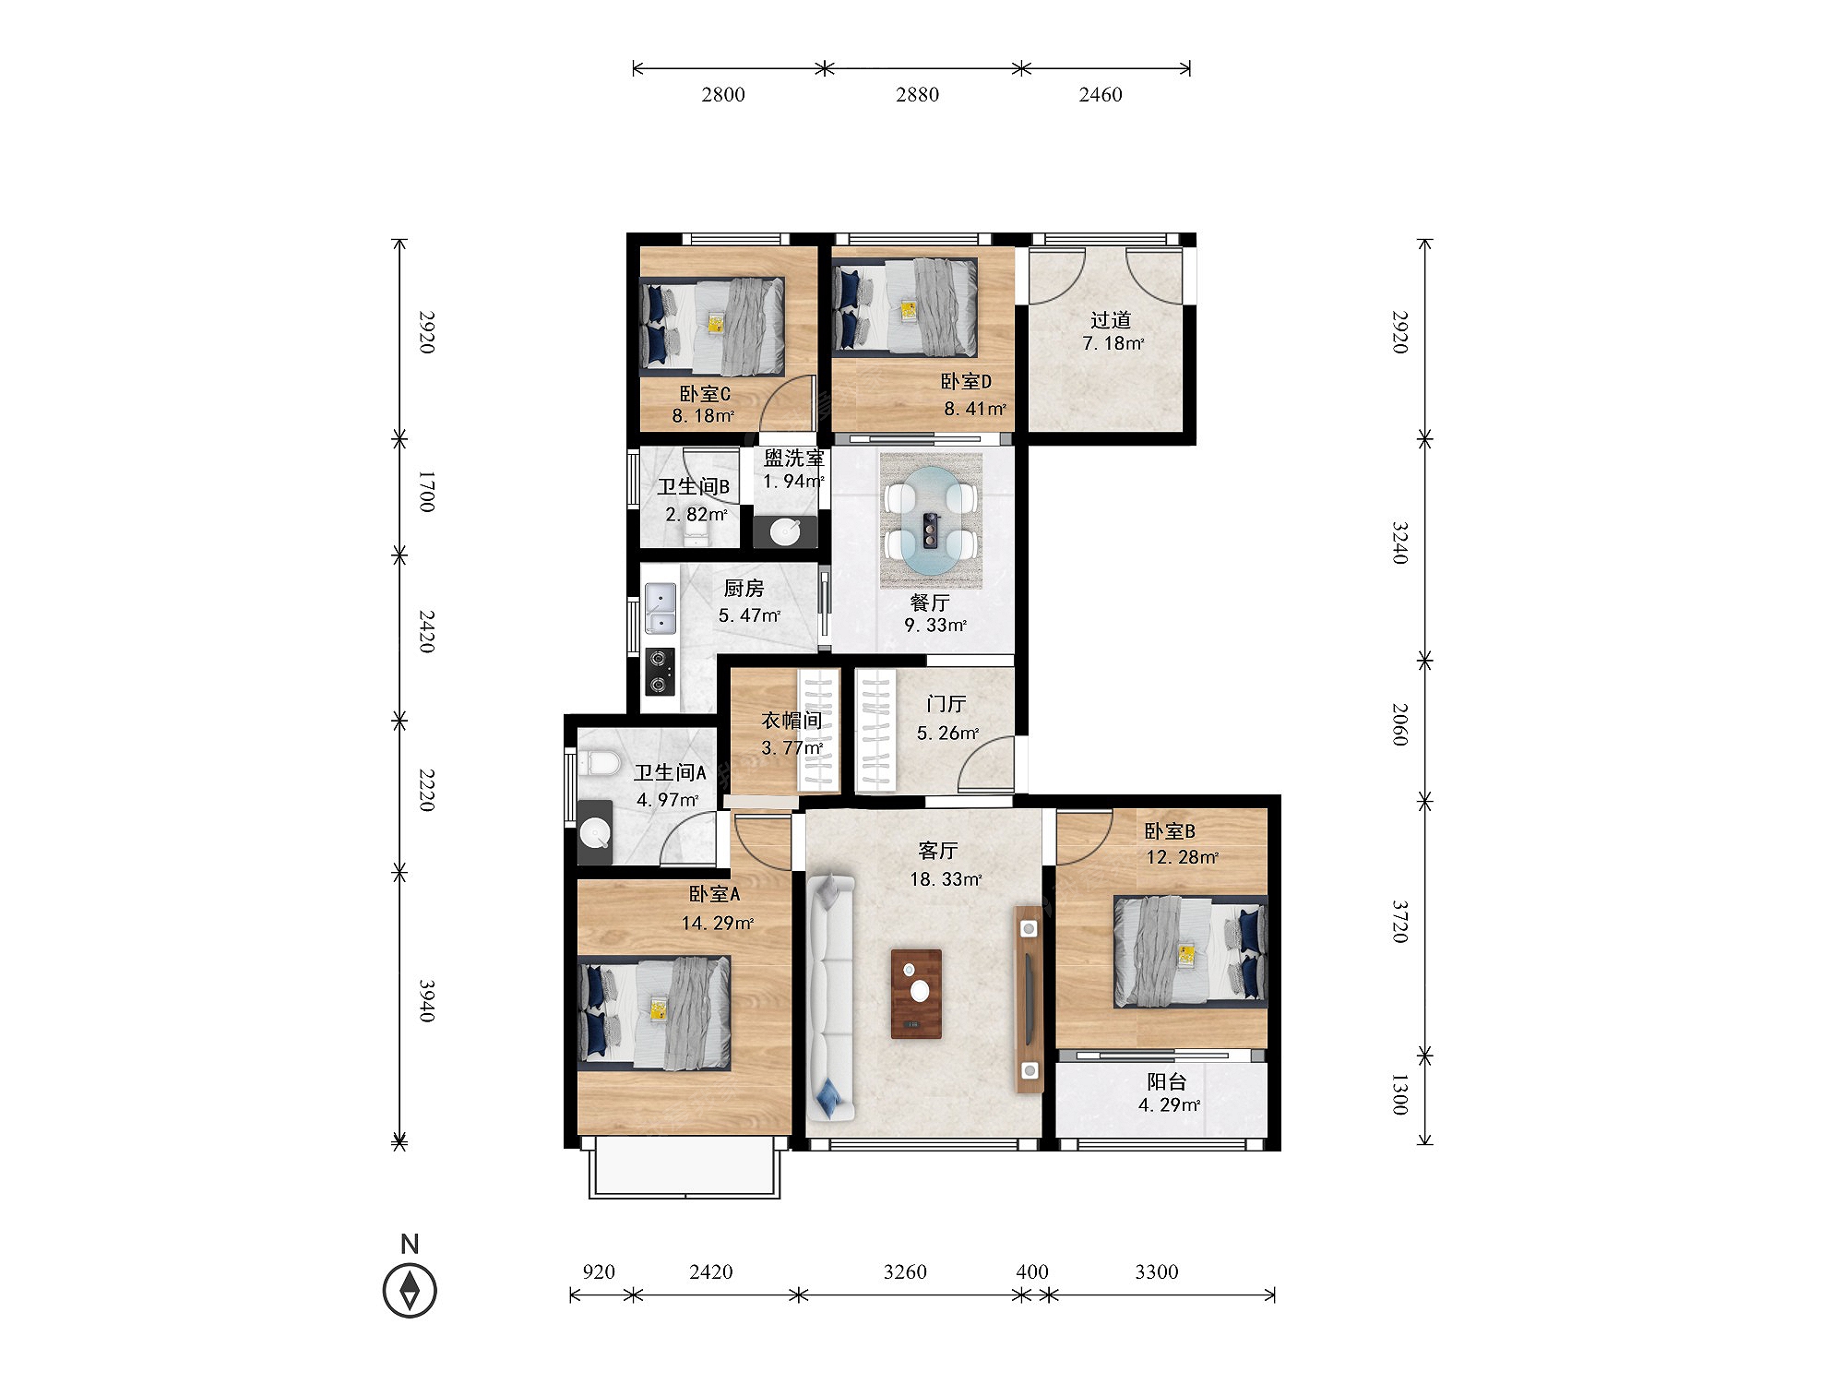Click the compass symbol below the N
click(x=410, y=1290)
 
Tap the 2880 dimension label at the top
click(x=917, y=94)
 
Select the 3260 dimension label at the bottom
click(x=905, y=1271)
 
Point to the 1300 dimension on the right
click(x=1399, y=1093)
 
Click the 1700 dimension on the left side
click(x=426, y=492)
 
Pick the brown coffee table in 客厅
click(x=916, y=994)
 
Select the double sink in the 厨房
click(x=660, y=609)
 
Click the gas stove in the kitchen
click(x=659, y=672)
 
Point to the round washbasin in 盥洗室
click(x=785, y=531)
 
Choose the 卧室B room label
click(x=1170, y=831)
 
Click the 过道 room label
click(x=1111, y=320)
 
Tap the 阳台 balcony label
click(x=1167, y=1081)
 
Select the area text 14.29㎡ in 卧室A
click(x=718, y=923)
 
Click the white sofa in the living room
click(x=831, y=996)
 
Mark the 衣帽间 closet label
click(x=792, y=720)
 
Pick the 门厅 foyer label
click(x=946, y=704)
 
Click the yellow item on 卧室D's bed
click(x=909, y=310)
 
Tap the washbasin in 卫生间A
click(x=595, y=833)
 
